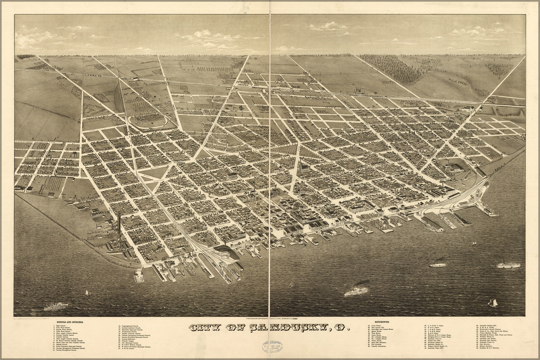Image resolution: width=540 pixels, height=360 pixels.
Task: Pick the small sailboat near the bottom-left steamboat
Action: click(86, 293)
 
